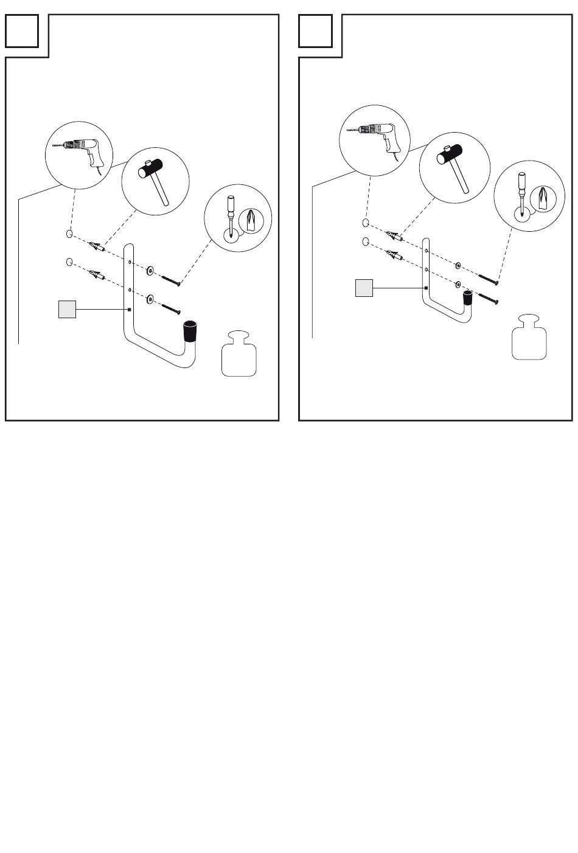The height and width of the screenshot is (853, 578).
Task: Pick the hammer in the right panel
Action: tap(454, 167)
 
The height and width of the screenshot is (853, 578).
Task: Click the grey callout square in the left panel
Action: tap(67, 309)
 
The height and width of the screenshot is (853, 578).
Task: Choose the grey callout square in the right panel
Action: tap(364, 288)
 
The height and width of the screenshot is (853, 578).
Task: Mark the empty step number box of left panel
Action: tap(23, 31)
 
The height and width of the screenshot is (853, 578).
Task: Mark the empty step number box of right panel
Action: tap(316, 31)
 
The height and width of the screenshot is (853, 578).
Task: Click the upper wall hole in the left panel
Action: tap(70, 234)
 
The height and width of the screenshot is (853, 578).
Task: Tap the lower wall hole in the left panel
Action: tap(69, 263)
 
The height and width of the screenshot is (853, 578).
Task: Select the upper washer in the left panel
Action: tap(149, 268)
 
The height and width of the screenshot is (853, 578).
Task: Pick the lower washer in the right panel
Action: tap(458, 284)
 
